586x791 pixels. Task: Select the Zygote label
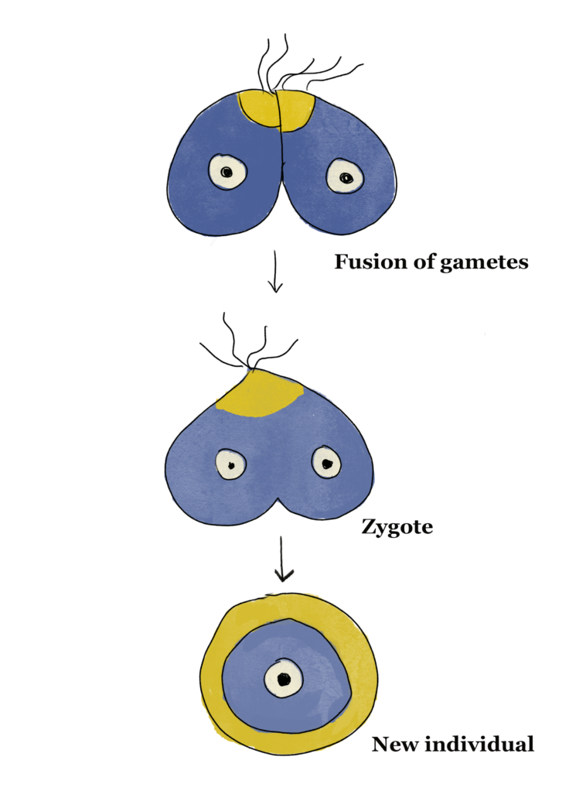tap(397, 528)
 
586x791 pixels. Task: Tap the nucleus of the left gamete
tap(227, 172)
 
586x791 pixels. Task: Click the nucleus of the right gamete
tap(345, 176)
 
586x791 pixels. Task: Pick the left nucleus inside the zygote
tap(230, 464)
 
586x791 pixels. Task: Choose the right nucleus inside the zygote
tap(326, 463)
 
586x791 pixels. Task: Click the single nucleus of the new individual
tap(283, 679)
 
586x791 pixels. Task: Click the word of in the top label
tap(422, 262)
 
